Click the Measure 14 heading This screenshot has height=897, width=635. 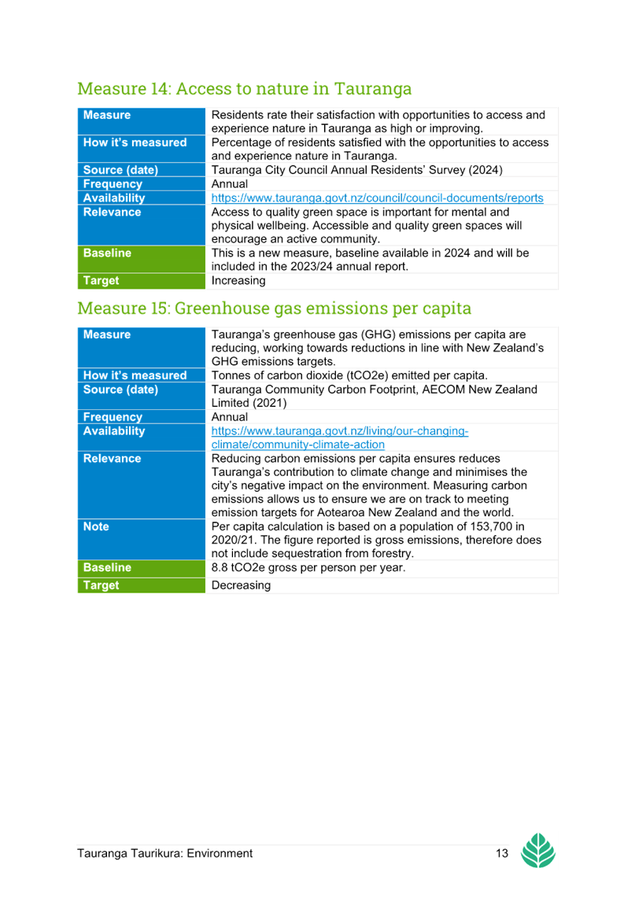[244, 89]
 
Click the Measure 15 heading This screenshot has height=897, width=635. [274, 308]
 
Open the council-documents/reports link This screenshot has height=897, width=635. [377, 198]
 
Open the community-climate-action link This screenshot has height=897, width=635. [340, 437]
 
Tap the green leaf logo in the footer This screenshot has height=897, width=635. [537, 851]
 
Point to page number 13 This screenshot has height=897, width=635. [502, 854]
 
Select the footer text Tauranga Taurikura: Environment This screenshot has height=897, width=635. [164, 854]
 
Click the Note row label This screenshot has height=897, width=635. [96, 526]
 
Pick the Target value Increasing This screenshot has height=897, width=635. [238, 281]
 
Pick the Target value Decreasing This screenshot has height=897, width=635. [241, 585]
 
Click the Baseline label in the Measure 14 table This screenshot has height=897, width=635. [107, 253]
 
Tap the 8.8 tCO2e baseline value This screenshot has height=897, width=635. [308, 567]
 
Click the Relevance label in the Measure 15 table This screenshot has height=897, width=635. [112, 458]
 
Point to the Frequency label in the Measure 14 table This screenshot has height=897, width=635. [113, 184]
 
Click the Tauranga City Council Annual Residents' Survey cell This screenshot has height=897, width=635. [357, 170]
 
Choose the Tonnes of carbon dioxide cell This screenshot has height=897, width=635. [349, 375]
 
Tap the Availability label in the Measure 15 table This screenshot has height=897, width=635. [114, 431]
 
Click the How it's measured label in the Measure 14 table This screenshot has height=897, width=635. [135, 142]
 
